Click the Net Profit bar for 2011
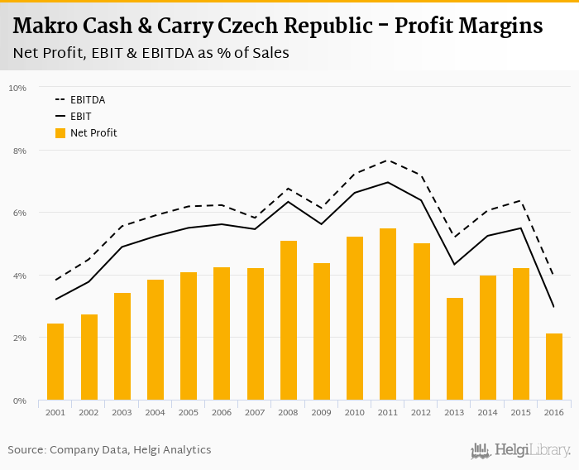tap(388, 314)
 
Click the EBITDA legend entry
tap(87, 100)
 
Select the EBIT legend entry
tap(80, 117)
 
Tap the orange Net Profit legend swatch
tap(60, 132)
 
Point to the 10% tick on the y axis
tap(17, 88)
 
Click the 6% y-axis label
tap(19, 213)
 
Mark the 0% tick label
tap(19, 400)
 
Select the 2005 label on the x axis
tap(189, 412)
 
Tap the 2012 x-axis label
tap(421, 412)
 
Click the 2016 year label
tap(554, 412)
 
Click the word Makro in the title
tap(48, 26)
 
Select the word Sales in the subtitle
tap(270, 53)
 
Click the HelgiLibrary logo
tap(521, 450)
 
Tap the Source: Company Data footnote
tap(109, 449)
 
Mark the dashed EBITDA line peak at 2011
tap(388, 161)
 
